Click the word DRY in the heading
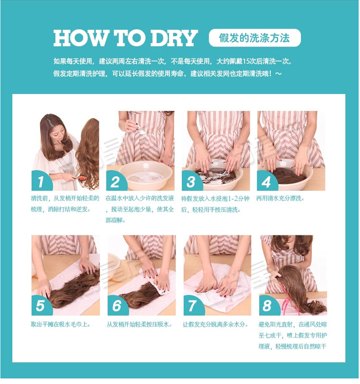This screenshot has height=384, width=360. pyautogui.click(x=174, y=38)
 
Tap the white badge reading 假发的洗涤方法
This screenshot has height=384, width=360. pyautogui.click(x=254, y=37)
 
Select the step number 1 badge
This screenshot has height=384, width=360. pyautogui.click(x=42, y=181)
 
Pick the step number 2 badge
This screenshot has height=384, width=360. pyautogui.click(x=117, y=181)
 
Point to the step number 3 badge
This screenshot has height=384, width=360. pyautogui.click(x=192, y=181)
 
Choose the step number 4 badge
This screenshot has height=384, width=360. pyautogui.click(x=267, y=181)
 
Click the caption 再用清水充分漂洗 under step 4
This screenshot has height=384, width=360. pyautogui.click(x=280, y=198)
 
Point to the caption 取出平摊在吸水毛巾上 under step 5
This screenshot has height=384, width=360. pyautogui.click(x=60, y=324)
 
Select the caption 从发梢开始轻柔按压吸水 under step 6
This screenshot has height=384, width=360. pyautogui.click(x=139, y=324)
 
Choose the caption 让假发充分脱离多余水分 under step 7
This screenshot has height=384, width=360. pyautogui.click(x=216, y=324)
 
